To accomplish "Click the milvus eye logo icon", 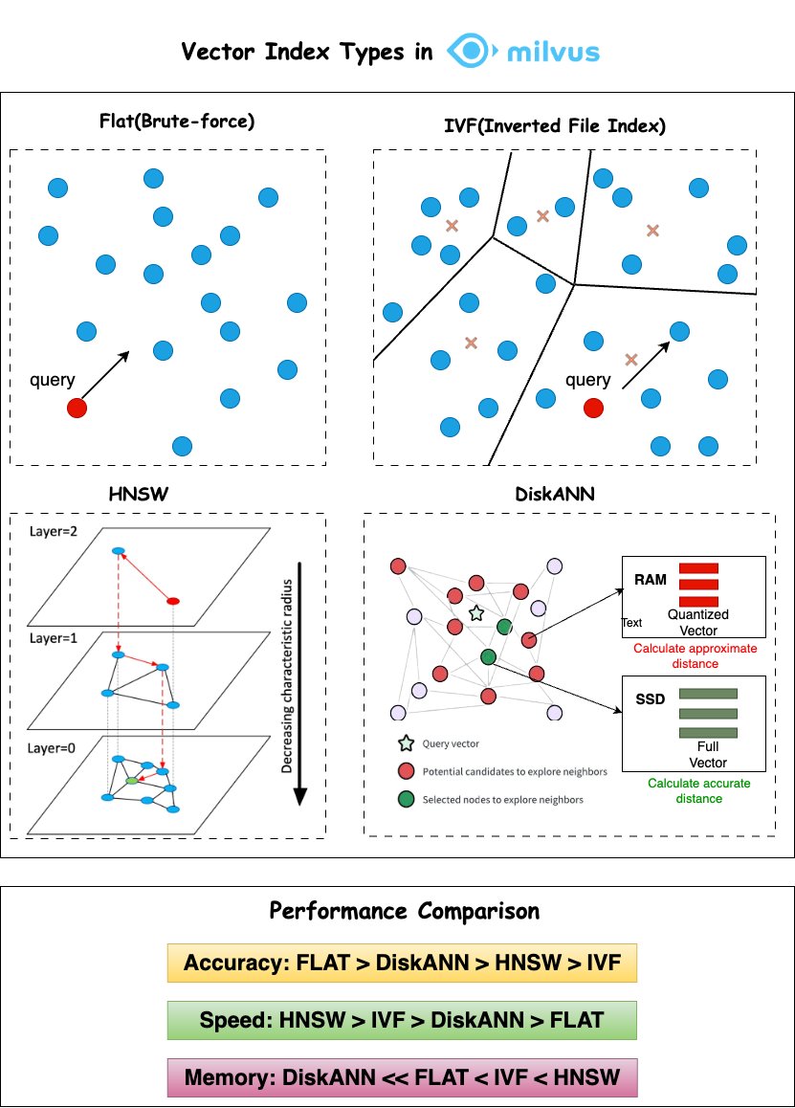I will pos(470,52).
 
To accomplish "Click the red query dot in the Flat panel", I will pos(77,409).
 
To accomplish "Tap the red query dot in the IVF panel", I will pos(593,409).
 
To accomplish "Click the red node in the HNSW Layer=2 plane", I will pos(173,601).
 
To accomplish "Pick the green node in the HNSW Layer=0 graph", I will pos(132,782).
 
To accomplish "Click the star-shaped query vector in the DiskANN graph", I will pos(475,611).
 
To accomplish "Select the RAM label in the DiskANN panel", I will pos(651,580).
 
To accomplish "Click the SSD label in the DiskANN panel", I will pos(650,699).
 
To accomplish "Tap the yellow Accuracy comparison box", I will pos(402,963).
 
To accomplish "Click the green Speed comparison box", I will pos(402,1020).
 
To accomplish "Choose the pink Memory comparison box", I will pos(402,1077).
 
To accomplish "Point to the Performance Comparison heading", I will pos(404,910).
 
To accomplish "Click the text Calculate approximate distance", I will pos(695,654).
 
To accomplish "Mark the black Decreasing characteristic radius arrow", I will pos(299,682).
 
